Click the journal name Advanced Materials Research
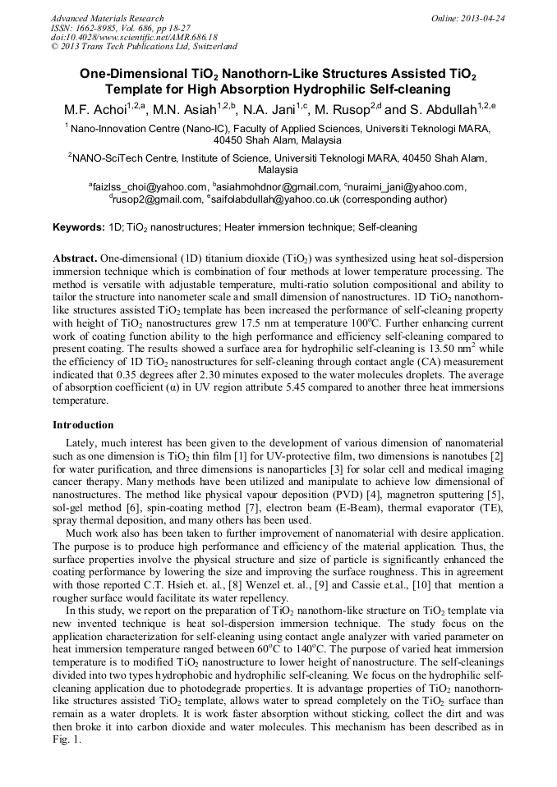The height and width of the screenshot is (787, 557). [x=107, y=18]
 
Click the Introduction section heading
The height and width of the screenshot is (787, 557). [x=83, y=425]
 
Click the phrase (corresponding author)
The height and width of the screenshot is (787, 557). [x=395, y=199]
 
